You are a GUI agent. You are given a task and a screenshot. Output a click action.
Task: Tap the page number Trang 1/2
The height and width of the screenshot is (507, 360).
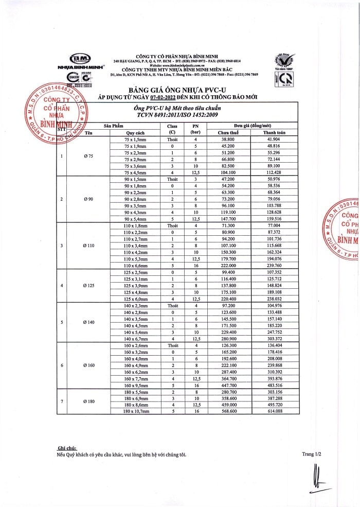click(x=312, y=454)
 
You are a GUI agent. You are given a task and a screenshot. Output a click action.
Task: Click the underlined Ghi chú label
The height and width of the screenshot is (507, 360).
click(x=66, y=449)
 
